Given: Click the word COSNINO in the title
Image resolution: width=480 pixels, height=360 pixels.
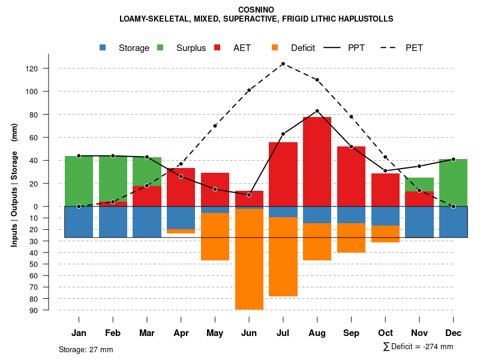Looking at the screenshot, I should (256, 10).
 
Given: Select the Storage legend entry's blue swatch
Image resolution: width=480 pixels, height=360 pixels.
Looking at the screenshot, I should (103, 47).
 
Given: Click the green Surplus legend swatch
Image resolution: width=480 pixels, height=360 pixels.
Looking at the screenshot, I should (160, 47).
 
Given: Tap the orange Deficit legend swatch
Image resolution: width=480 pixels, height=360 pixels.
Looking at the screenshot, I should (275, 47).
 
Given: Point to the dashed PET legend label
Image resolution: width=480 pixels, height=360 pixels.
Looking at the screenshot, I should (414, 48).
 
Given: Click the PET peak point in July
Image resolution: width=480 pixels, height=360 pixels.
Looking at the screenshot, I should (283, 64).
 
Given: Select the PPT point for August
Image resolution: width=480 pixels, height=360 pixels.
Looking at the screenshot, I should (317, 111).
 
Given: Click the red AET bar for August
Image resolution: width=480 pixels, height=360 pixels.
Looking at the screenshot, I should (317, 161).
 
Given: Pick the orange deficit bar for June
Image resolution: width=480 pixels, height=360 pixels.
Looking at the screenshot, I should (249, 259).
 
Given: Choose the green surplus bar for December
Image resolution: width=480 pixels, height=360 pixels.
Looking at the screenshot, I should (453, 182).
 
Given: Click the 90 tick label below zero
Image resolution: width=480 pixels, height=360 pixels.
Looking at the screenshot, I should (34, 310).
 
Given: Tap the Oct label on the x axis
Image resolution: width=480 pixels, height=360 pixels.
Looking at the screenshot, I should (385, 333).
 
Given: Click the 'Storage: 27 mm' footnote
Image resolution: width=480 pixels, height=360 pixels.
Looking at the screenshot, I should (86, 349).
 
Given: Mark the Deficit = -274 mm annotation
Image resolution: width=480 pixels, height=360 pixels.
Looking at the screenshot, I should (418, 347).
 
